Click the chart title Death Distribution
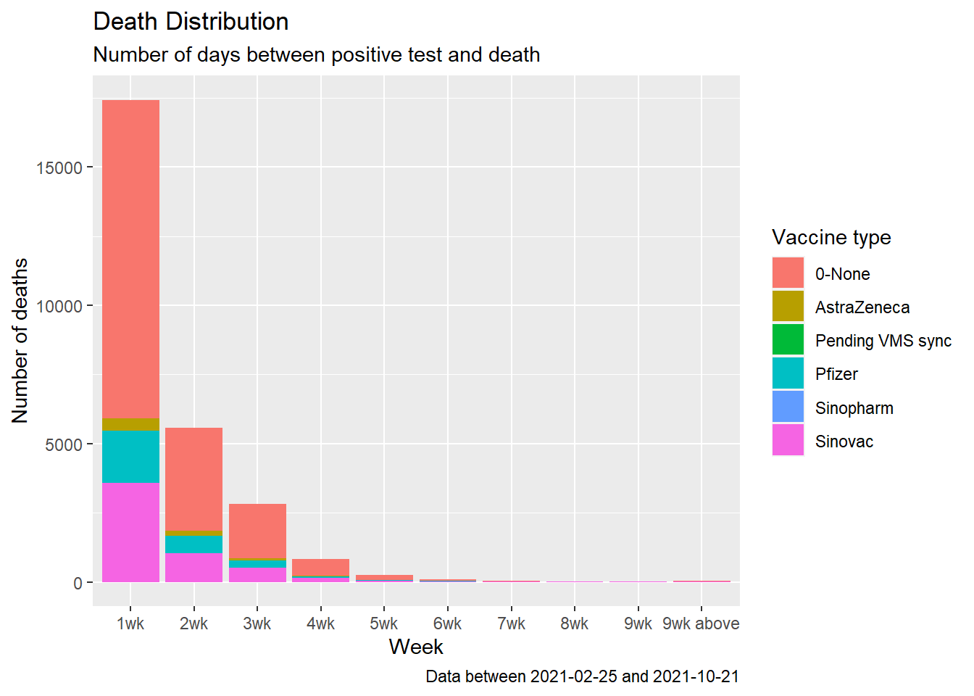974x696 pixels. pyautogui.click(x=191, y=22)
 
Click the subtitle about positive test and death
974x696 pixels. pyautogui.click(x=316, y=55)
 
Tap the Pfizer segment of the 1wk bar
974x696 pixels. pyautogui.click(x=130, y=456)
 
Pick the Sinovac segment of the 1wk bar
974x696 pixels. pyautogui.click(x=130, y=532)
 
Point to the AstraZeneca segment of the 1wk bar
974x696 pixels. pyautogui.click(x=130, y=424)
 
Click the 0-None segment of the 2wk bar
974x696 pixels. pyautogui.click(x=193, y=478)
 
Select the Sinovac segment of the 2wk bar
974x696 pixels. pyautogui.click(x=193, y=568)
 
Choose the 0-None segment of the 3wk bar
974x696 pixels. pyautogui.click(x=257, y=531)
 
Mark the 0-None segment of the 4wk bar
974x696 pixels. pyautogui.click(x=320, y=567)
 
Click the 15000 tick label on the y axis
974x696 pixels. pyautogui.click(x=59, y=167)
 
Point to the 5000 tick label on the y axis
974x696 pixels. pyautogui.click(x=64, y=444)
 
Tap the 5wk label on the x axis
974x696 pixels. pyautogui.click(x=384, y=623)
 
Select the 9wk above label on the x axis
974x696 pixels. pyautogui.click(x=701, y=623)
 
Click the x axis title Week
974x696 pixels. pyautogui.click(x=416, y=647)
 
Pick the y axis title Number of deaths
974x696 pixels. pyautogui.click(x=20, y=340)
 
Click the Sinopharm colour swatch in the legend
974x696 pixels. pyautogui.click(x=788, y=407)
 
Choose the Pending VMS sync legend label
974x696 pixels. pyautogui.click(x=883, y=341)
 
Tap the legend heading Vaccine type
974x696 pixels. pyautogui.click(x=831, y=237)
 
